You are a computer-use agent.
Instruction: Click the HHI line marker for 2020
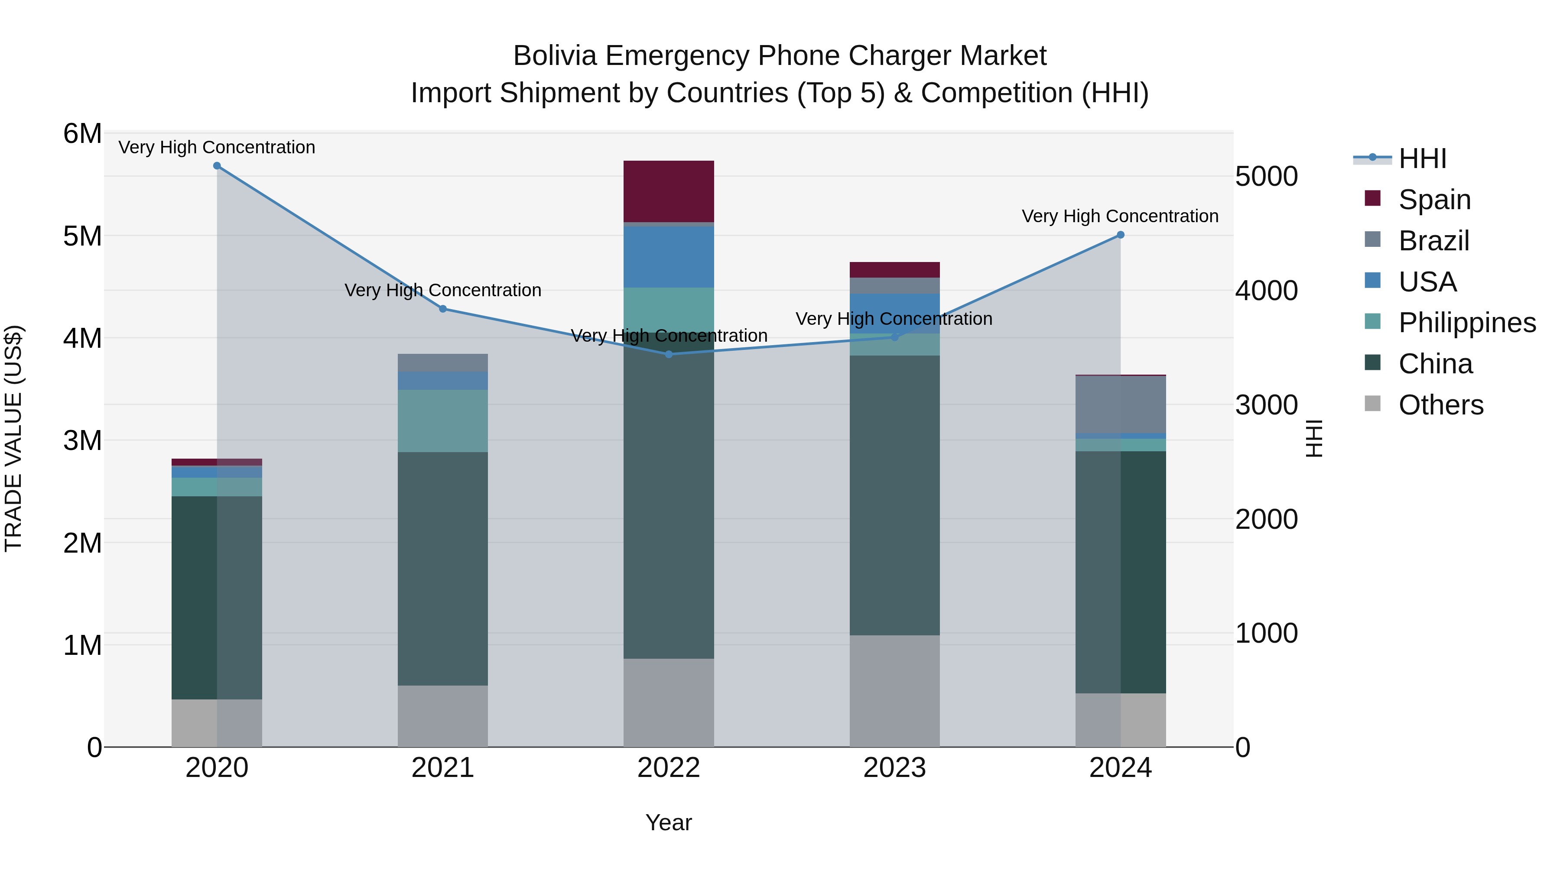tap(217, 166)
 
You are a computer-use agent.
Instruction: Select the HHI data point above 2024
tap(1120, 235)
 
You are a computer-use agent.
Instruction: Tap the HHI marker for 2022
tap(669, 354)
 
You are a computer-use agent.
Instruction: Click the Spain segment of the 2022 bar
tap(669, 191)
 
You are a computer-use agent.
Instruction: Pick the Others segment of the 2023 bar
tap(894, 691)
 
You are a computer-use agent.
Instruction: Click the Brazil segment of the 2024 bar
tap(1120, 405)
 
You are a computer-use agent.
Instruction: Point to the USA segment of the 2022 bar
tap(669, 257)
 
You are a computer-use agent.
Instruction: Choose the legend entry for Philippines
tap(1467, 323)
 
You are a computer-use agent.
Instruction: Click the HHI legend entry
tap(1422, 159)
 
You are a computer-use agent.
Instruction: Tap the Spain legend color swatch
tap(1373, 198)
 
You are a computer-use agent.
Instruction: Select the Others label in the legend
tap(1441, 405)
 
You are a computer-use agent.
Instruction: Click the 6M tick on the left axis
tap(82, 134)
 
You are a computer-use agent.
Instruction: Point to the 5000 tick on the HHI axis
tap(1266, 177)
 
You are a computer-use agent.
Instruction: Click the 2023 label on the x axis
tap(894, 768)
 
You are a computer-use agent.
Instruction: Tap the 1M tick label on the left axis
tap(82, 645)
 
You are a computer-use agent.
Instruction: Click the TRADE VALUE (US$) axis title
tap(13, 438)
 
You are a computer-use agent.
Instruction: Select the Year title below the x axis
tap(669, 822)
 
